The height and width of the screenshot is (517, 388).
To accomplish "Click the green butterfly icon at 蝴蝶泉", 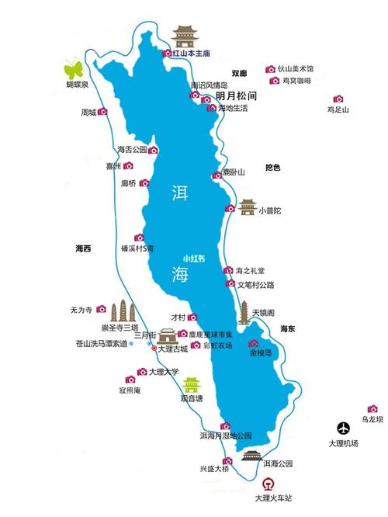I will pos(73,65).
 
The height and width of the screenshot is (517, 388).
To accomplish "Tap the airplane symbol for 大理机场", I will pos(343,429).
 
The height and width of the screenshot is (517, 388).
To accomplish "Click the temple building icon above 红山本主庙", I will pos(185,36).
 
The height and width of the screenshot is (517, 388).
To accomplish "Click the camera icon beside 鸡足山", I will pos(338,99).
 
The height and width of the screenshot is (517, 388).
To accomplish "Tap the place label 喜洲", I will pos(113,166).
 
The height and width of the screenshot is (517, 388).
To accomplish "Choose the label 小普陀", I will pos(270,210).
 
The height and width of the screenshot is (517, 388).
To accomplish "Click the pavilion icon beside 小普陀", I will pos(247,206).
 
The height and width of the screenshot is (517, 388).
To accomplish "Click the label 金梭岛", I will pos(260,353).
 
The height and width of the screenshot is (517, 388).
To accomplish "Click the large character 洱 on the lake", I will pos(180,192).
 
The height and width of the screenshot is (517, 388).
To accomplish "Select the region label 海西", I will pos(82,248).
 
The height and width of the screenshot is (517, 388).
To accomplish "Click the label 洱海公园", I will pos(277,464).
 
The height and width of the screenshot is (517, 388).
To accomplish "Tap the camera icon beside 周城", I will pos(102,112).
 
